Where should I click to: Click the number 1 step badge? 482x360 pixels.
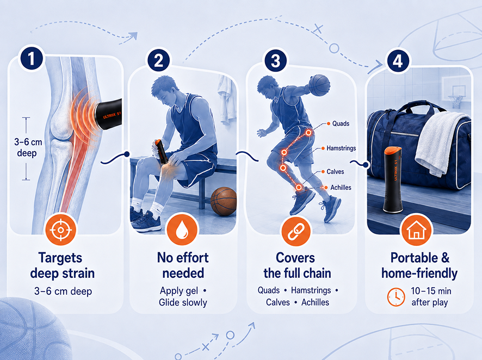pyautogui.click(x=32, y=58)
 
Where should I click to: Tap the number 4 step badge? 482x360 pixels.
pyautogui.click(x=398, y=60)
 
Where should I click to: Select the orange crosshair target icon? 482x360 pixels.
pyautogui.click(x=61, y=230)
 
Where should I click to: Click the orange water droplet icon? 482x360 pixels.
pyautogui.click(x=182, y=230)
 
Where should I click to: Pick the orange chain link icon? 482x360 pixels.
pyautogui.click(x=296, y=231)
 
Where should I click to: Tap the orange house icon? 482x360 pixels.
pyautogui.click(x=417, y=230)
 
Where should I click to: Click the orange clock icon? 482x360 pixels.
pyautogui.click(x=396, y=297)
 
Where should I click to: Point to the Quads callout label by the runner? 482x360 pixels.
pyautogui.click(x=341, y=123)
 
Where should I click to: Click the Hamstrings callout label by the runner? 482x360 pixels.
pyautogui.click(x=341, y=148)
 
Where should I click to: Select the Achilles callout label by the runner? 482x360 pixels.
pyautogui.click(x=341, y=188)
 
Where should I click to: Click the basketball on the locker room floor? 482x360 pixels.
pyautogui.click(x=224, y=201)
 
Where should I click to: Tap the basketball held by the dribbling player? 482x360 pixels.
pyautogui.click(x=319, y=85)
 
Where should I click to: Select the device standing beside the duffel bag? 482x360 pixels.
pyautogui.click(x=393, y=179)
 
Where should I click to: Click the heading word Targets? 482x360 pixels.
pyautogui.click(x=60, y=258)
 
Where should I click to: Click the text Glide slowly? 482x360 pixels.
pyautogui.click(x=183, y=302)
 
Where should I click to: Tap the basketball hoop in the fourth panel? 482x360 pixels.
pyautogui.click(x=456, y=96)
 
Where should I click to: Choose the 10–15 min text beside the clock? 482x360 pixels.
pyautogui.click(x=431, y=290)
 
